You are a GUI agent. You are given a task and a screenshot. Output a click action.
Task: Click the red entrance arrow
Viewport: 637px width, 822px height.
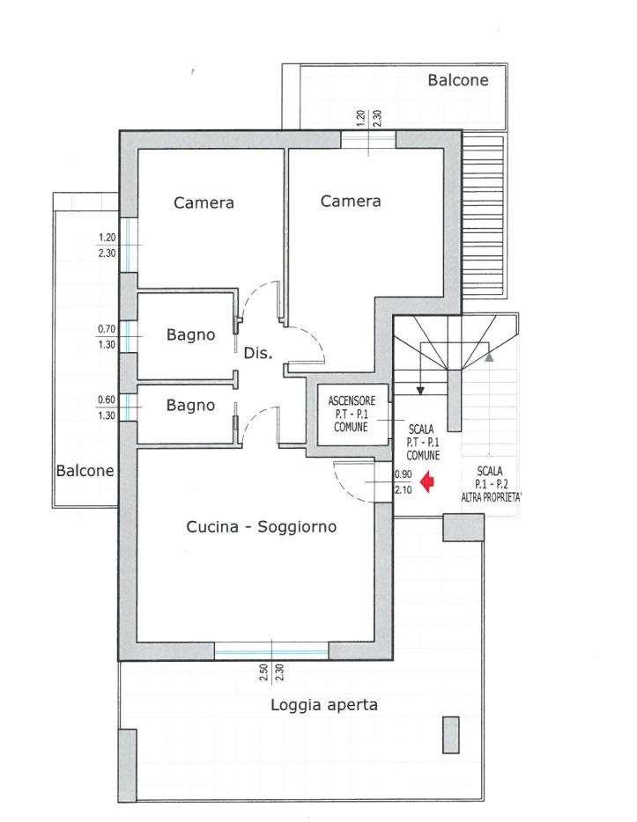428,481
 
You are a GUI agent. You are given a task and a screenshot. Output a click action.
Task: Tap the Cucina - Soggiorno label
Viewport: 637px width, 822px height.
262,526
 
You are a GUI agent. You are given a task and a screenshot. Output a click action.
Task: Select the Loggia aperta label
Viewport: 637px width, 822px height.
324,705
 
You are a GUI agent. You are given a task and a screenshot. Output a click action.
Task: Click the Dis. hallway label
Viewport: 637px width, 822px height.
258,353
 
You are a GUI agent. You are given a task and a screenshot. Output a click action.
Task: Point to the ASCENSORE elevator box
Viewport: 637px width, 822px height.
352,415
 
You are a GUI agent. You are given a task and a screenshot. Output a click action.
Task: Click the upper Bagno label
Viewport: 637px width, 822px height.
190,335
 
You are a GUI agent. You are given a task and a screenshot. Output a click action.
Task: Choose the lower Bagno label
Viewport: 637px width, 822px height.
190,405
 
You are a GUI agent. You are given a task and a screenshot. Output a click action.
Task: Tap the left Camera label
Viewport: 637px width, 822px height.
204,203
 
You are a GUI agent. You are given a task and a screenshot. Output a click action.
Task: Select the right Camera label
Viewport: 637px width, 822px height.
351,201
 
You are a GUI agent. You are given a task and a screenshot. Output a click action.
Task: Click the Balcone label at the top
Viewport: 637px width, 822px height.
458,80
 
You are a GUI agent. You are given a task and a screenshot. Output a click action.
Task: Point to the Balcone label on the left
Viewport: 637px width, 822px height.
85,470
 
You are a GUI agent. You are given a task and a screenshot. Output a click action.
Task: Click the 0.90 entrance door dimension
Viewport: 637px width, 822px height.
403,473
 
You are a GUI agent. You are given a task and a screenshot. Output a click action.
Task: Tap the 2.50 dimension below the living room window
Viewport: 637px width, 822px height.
263,672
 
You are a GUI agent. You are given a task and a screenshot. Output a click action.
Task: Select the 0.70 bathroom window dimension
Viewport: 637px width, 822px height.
107,329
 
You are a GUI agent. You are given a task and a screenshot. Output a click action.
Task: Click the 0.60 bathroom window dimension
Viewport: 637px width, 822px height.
107,400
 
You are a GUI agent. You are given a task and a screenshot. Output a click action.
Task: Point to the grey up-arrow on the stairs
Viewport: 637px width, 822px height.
489,357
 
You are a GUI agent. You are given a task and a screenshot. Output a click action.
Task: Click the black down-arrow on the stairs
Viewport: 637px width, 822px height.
420,391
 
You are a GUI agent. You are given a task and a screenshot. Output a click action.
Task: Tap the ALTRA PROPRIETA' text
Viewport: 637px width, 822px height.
491,497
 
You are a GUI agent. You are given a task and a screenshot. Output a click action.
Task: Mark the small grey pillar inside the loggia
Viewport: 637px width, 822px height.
451,735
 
